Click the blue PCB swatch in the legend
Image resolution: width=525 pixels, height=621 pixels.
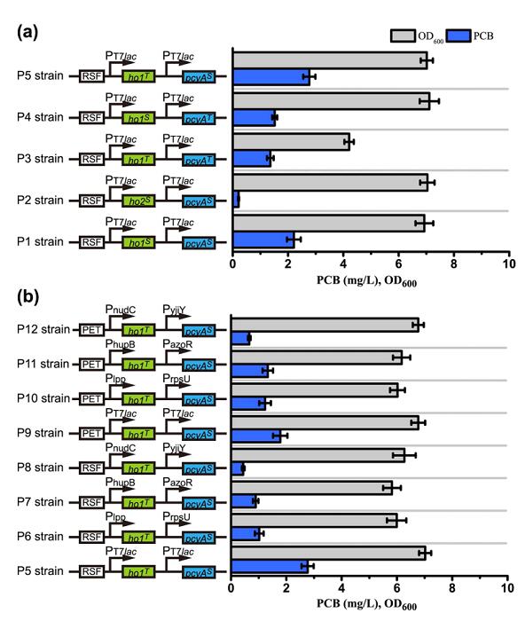coord(458,35)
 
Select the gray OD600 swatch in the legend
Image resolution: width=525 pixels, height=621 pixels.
coord(403,35)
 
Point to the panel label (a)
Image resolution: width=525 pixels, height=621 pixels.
coord(27,32)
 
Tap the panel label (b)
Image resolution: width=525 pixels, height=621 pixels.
coord(27,296)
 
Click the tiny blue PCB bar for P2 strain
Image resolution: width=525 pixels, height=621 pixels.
coord(236,200)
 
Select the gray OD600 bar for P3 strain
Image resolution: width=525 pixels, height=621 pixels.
coord(292,142)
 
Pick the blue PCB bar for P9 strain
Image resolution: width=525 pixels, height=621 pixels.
coord(255,436)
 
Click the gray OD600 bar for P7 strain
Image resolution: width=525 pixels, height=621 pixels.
coord(312,488)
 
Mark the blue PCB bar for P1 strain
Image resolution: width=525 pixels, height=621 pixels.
coord(263,240)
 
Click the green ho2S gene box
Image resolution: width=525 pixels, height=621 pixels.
coord(138,200)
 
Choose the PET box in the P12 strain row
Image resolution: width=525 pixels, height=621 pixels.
coord(91,330)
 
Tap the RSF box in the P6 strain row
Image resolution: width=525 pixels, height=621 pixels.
coord(91,537)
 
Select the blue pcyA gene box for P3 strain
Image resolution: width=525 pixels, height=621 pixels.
coord(199,160)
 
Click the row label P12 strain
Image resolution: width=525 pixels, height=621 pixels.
coord(43,329)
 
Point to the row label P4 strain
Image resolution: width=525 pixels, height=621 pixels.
coord(40,117)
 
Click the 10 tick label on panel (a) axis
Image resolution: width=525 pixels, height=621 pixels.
coord(509,263)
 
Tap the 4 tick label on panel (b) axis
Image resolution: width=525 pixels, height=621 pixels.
coord(341,587)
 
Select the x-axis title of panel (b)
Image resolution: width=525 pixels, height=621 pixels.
coord(366,604)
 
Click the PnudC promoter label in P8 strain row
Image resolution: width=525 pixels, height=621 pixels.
coord(121,447)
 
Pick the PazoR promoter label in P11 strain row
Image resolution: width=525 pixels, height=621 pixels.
coord(177,344)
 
